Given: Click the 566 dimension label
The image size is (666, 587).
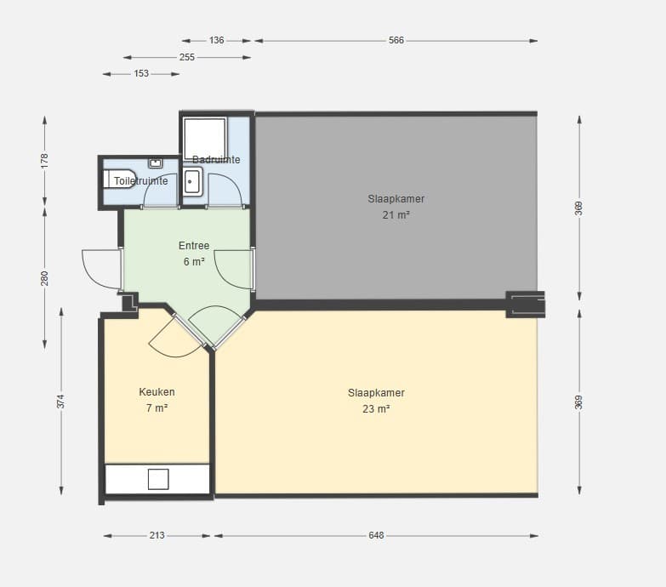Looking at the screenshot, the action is (x=396, y=40).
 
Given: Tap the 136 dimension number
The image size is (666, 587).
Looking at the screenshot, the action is (x=217, y=40).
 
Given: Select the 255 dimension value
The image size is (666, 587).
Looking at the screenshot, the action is (x=187, y=57).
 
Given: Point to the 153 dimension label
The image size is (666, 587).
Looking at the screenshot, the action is (x=141, y=73).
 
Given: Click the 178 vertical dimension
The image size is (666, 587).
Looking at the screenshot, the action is (x=44, y=161).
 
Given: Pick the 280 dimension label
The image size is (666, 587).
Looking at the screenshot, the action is (x=44, y=278).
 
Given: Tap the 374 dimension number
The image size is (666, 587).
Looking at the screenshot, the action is (x=61, y=402).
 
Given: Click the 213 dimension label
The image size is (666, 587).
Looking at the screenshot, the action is (x=157, y=535).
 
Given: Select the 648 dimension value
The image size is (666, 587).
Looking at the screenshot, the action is (x=376, y=535).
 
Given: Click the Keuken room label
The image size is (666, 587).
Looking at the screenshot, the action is (x=157, y=391).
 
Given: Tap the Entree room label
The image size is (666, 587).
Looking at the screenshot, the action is (x=194, y=246).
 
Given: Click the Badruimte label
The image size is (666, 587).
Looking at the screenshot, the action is (x=216, y=160).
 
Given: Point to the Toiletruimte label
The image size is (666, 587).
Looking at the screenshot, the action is (x=140, y=181).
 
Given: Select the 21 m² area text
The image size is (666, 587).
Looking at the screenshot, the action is (x=396, y=215).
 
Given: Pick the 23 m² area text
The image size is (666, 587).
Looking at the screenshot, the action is (x=376, y=408).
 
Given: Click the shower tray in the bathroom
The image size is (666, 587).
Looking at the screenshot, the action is (x=204, y=139).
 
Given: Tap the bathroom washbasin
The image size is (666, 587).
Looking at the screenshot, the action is (x=192, y=181).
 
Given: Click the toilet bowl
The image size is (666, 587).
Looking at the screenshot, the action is (x=119, y=180).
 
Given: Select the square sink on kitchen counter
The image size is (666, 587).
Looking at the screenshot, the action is (x=158, y=479).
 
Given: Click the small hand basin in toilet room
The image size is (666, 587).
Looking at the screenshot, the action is (x=155, y=163).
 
